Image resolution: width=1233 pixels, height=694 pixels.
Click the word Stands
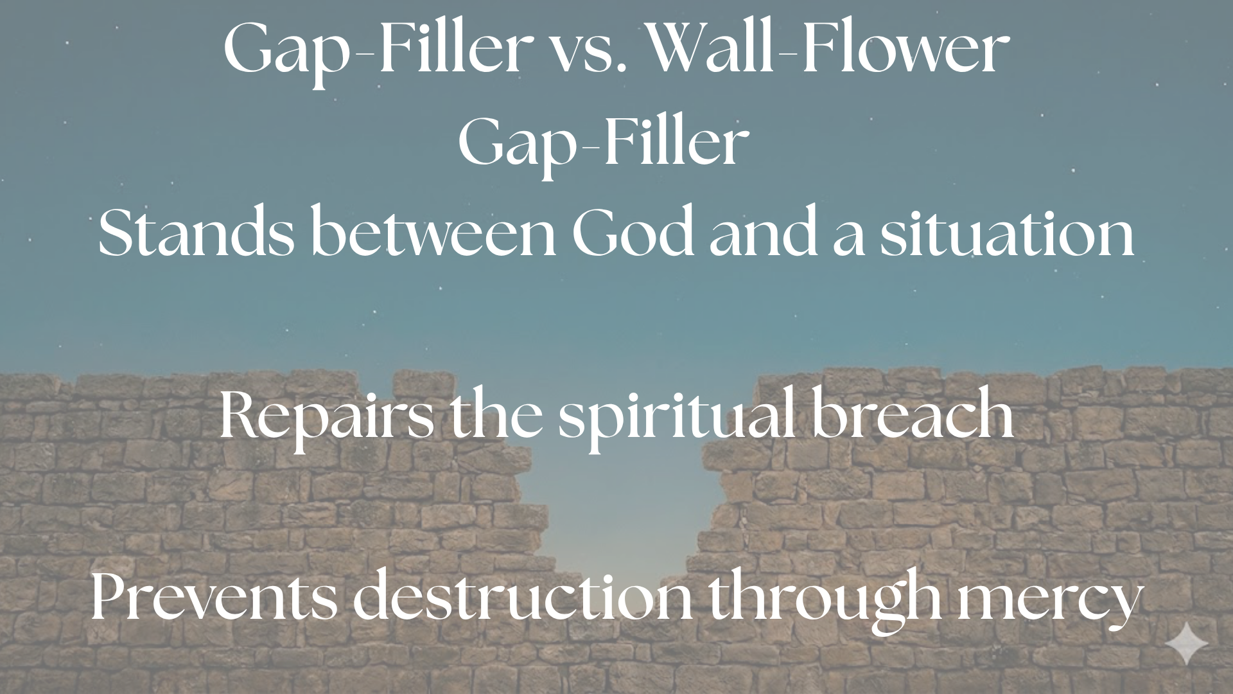pos(197,234)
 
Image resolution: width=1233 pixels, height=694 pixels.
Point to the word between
pos(433,234)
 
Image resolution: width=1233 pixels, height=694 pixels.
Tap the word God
pos(633,234)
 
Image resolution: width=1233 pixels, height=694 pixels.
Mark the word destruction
pos(523,598)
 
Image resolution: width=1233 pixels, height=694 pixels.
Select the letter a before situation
pos(849,242)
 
